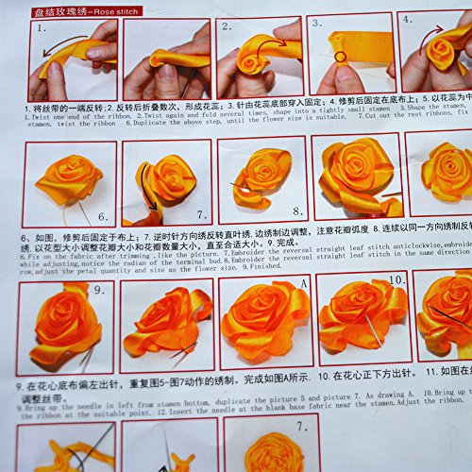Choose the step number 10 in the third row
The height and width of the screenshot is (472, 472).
pyautogui.click(x=396, y=280)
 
